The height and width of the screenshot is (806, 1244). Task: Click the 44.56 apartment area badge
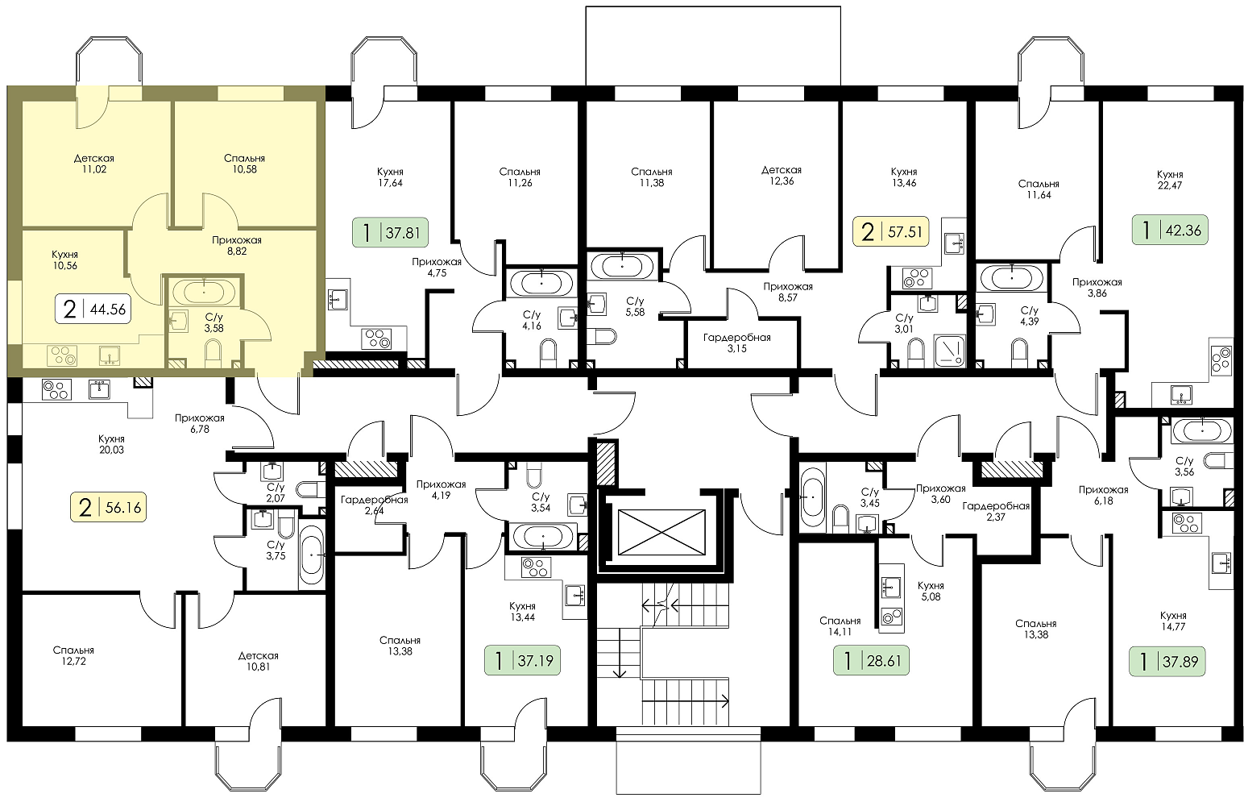(x=93, y=308)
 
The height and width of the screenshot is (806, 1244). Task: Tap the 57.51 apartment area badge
(x=891, y=231)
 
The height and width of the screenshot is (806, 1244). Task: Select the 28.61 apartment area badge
(x=871, y=661)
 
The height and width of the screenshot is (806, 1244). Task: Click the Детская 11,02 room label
(x=93, y=164)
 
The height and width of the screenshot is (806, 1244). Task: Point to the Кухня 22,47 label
(x=1170, y=180)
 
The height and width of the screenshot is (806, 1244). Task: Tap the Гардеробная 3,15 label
(x=737, y=343)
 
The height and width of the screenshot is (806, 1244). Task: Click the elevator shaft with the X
(x=661, y=532)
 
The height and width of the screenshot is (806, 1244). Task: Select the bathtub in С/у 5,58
(x=621, y=266)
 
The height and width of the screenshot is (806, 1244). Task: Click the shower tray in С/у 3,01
(x=950, y=350)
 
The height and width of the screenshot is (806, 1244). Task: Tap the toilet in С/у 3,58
(x=214, y=353)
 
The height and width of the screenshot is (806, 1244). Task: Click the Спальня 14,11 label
(x=840, y=625)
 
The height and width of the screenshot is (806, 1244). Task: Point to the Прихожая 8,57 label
(x=787, y=292)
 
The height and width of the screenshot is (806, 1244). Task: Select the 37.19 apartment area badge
(x=522, y=660)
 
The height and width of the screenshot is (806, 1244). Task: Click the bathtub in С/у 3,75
(x=312, y=554)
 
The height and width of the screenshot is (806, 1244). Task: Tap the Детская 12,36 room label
(x=781, y=175)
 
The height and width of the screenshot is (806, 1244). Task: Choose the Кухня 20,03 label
(x=112, y=444)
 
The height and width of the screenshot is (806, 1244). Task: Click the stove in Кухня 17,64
(x=376, y=339)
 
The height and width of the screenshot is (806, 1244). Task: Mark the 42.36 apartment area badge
(x=1171, y=230)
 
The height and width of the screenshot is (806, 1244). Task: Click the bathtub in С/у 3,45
(x=812, y=498)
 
